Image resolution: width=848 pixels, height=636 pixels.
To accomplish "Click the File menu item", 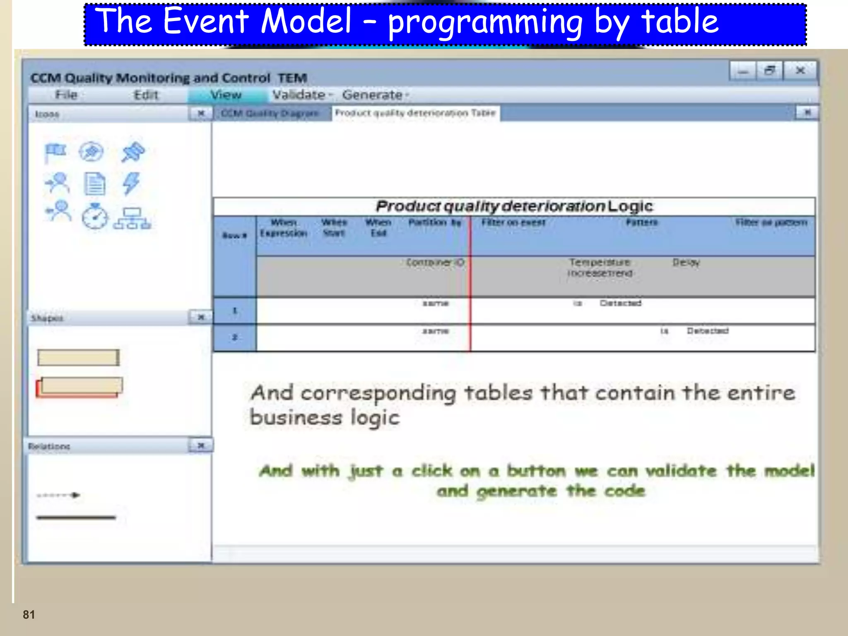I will (x=66, y=95).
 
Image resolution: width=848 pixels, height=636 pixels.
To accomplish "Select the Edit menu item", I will (x=146, y=95).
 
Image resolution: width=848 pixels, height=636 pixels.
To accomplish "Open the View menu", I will (x=226, y=95).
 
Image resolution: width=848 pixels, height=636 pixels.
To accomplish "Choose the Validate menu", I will (x=299, y=95).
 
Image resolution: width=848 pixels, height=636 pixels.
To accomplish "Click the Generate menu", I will (x=372, y=95).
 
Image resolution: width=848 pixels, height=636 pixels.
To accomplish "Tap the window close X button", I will (x=800, y=71).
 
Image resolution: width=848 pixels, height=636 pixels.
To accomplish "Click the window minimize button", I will (x=743, y=71).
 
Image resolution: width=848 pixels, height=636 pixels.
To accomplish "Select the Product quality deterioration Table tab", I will (x=415, y=113).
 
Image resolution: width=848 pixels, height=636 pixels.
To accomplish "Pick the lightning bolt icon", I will (x=131, y=183).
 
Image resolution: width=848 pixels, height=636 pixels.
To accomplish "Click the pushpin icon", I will (x=133, y=152).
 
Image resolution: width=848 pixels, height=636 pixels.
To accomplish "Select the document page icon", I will (x=95, y=184).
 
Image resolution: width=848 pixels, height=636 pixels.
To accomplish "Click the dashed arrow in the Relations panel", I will (x=58, y=495).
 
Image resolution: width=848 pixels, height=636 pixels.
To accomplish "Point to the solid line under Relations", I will (x=76, y=517).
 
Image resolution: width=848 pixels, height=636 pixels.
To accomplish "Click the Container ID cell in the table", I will (x=435, y=263).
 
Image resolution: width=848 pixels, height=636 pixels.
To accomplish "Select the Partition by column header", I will (x=434, y=223).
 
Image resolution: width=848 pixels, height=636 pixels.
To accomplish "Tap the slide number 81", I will (x=29, y=614).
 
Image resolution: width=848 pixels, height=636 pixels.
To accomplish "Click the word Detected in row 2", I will (x=708, y=331).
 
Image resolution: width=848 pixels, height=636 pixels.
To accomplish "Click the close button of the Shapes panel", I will (x=201, y=317).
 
